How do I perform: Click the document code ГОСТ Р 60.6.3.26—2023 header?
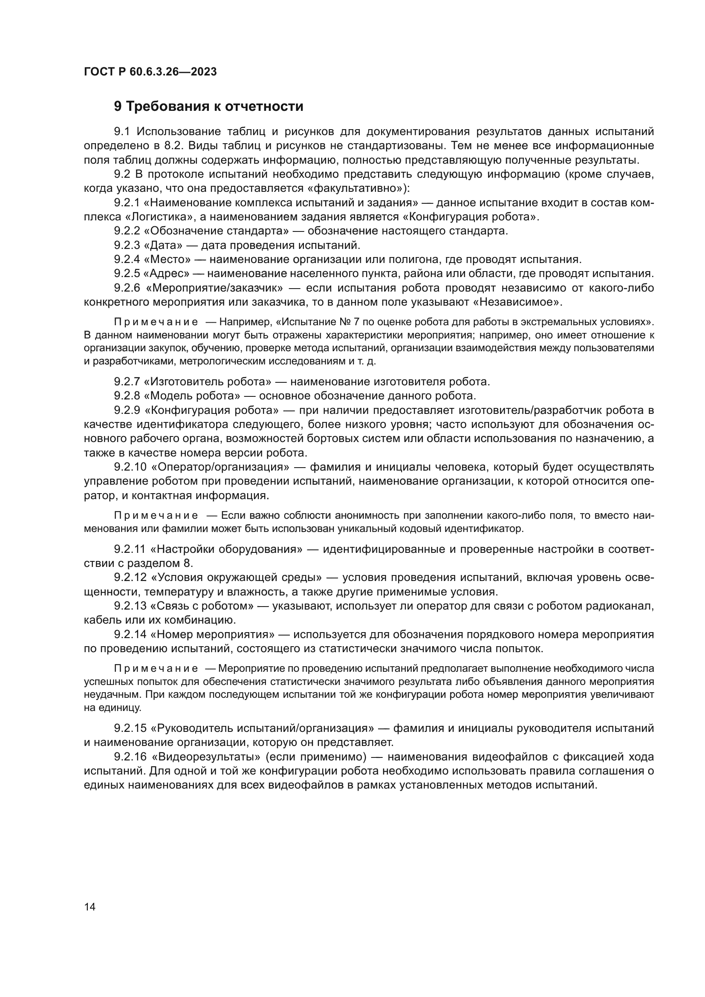150,72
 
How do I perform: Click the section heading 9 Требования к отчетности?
208,107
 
